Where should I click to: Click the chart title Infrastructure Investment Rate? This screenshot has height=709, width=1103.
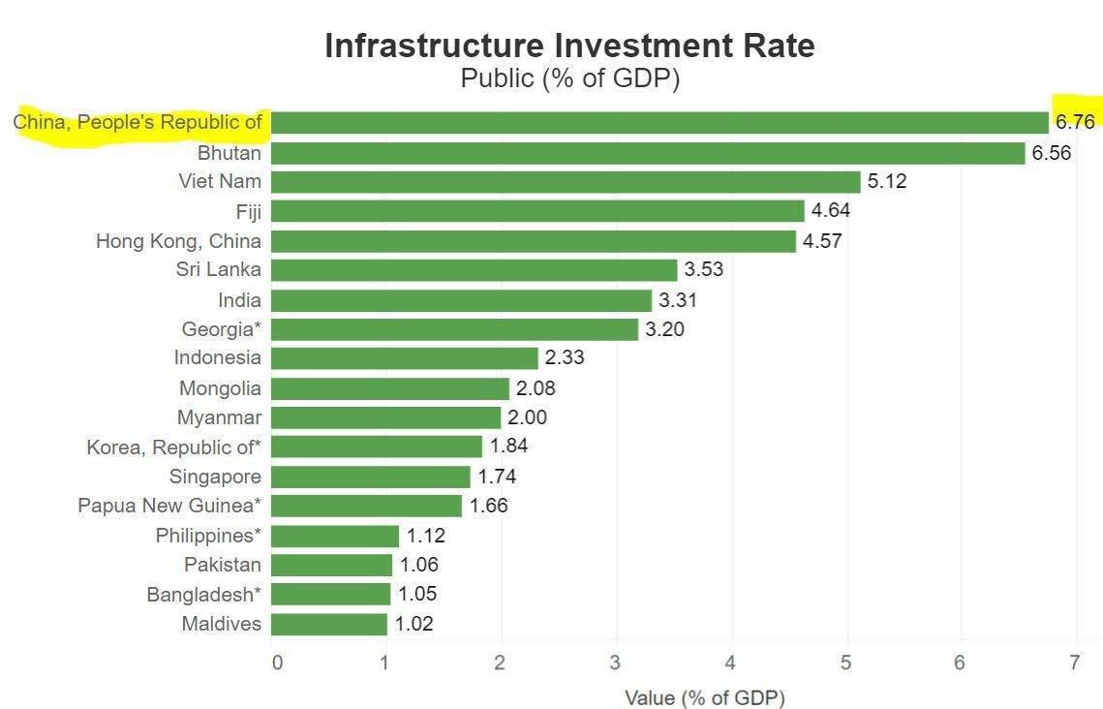569,46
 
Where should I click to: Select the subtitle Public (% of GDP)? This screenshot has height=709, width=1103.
569,78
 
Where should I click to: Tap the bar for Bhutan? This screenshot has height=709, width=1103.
648,153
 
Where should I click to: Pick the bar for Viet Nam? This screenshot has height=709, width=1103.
566,182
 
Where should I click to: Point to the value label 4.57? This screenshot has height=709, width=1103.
822,241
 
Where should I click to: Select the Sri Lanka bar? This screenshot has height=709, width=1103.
474,270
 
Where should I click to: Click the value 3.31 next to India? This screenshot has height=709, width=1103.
677,300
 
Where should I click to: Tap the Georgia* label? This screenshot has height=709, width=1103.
222,329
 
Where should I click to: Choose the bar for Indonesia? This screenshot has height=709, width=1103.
404,358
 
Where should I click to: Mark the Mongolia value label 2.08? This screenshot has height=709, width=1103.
536,388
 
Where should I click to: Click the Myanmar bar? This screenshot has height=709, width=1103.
385,417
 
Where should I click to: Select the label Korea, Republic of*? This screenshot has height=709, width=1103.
174,447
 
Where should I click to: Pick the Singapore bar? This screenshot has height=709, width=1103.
370,477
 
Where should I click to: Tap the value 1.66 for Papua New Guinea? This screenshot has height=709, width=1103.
488,506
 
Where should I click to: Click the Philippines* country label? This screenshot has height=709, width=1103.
208,536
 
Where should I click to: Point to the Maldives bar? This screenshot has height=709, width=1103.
328,624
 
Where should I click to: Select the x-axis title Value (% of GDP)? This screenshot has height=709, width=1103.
705,697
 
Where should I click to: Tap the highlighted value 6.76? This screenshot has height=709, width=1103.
1075,122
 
